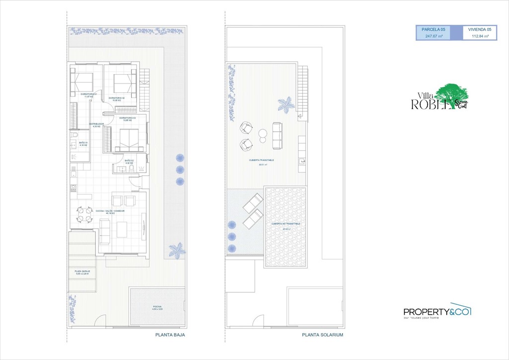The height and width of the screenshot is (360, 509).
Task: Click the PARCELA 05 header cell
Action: click(x=433, y=30)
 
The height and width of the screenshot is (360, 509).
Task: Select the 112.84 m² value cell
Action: click(x=480, y=36)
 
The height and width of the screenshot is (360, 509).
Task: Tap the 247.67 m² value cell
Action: click(x=433, y=36)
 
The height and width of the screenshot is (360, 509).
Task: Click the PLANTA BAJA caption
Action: click(x=170, y=335)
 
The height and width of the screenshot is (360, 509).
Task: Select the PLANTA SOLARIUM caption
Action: click(x=323, y=335)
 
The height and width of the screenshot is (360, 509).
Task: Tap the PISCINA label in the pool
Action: click(x=157, y=307)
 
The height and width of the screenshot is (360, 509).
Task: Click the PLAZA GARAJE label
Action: click(x=83, y=271)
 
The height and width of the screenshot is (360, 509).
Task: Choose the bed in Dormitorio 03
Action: click(x=127, y=139)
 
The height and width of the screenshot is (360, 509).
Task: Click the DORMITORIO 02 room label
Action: click(x=116, y=98)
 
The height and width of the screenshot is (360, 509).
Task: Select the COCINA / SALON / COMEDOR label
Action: click(x=106, y=212)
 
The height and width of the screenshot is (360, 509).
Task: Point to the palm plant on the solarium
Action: click(x=286, y=104)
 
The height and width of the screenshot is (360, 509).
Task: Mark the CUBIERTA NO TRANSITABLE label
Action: click(x=286, y=224)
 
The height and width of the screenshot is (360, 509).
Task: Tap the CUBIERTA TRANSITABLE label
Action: click(x=262, y=161)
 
